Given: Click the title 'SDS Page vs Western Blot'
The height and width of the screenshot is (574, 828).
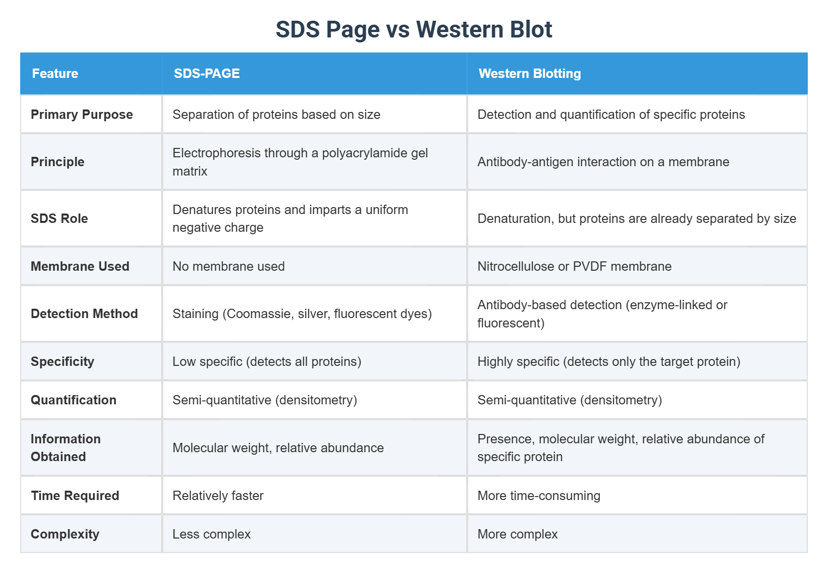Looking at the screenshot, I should click(414, 30).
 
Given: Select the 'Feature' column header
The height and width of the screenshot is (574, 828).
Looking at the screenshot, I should click(55, 73).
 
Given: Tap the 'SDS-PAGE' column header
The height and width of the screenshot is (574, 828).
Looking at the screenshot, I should click(207, 73).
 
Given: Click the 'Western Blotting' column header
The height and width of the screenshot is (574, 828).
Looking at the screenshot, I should click(530, 73).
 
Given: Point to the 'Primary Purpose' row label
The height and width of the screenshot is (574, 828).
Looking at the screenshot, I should click(82, 114).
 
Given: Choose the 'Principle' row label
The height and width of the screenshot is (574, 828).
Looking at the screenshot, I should click(58, 162).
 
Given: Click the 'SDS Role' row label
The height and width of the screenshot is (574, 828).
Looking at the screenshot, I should click(59, 218).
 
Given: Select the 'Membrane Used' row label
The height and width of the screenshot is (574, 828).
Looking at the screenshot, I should click(80, 266).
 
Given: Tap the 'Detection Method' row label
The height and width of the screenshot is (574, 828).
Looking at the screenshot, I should click(84, 314).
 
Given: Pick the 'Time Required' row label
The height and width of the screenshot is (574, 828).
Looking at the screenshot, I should click(75, 496).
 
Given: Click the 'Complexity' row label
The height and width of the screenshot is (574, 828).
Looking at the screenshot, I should click(65, 534).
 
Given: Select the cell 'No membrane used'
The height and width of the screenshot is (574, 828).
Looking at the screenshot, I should click(229, 266).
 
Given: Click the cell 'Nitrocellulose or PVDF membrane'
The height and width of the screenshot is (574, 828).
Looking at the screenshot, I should click(574, 266).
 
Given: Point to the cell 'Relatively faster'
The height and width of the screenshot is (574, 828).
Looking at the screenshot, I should click(218, 496).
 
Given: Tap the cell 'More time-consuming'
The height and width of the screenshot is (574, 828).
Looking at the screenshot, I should click(539, 496).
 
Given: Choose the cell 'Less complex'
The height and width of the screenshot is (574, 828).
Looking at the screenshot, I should click(211, 534).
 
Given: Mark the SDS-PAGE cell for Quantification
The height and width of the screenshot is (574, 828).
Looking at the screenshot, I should click(265, 400).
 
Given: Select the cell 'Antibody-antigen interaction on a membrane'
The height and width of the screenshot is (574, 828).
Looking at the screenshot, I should click(603, 162).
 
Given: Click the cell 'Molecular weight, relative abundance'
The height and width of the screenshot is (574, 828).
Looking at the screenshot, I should click(278, 448).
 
